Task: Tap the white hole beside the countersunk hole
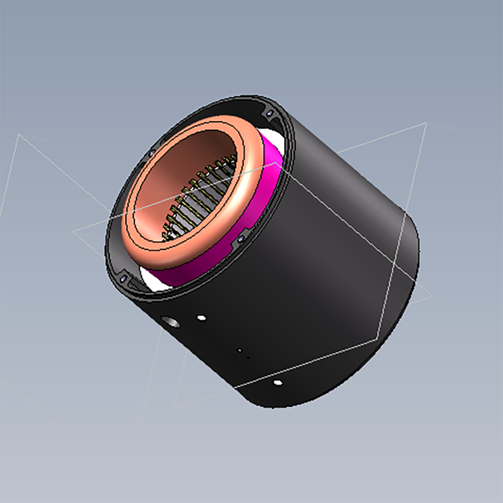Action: [x=202, y=318]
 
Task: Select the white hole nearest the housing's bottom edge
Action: [x=277, y=383]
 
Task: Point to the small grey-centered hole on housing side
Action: [x=240, y=350]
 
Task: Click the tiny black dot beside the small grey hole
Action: [x=248, y=358]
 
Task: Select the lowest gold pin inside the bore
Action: [x=165, y=234]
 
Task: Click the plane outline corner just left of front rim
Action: [x=74, y=231]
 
